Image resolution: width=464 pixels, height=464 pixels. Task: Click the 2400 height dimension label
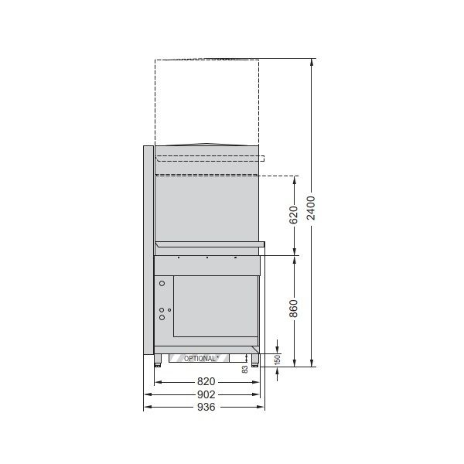click(x=310, y=206)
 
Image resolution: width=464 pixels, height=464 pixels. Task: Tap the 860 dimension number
click(x=293, y=309)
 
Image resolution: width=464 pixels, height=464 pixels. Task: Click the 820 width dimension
click(x=206, y=382)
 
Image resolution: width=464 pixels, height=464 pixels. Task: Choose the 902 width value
click(x=206, y=394)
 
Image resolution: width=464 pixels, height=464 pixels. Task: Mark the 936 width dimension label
click(x=206, y=407)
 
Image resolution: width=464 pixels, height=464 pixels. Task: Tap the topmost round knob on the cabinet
click(x=162, y=284)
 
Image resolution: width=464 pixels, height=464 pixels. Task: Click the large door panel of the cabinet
click(x=214, y=305)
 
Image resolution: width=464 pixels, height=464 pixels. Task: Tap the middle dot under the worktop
click(x=207, y=258)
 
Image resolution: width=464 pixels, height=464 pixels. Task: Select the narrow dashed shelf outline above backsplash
click(x=210, y=159)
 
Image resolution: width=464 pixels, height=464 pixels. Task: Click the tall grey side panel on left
click(x=148, y=247)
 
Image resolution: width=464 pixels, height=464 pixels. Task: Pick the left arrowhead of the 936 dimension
click(x=147, y=407)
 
